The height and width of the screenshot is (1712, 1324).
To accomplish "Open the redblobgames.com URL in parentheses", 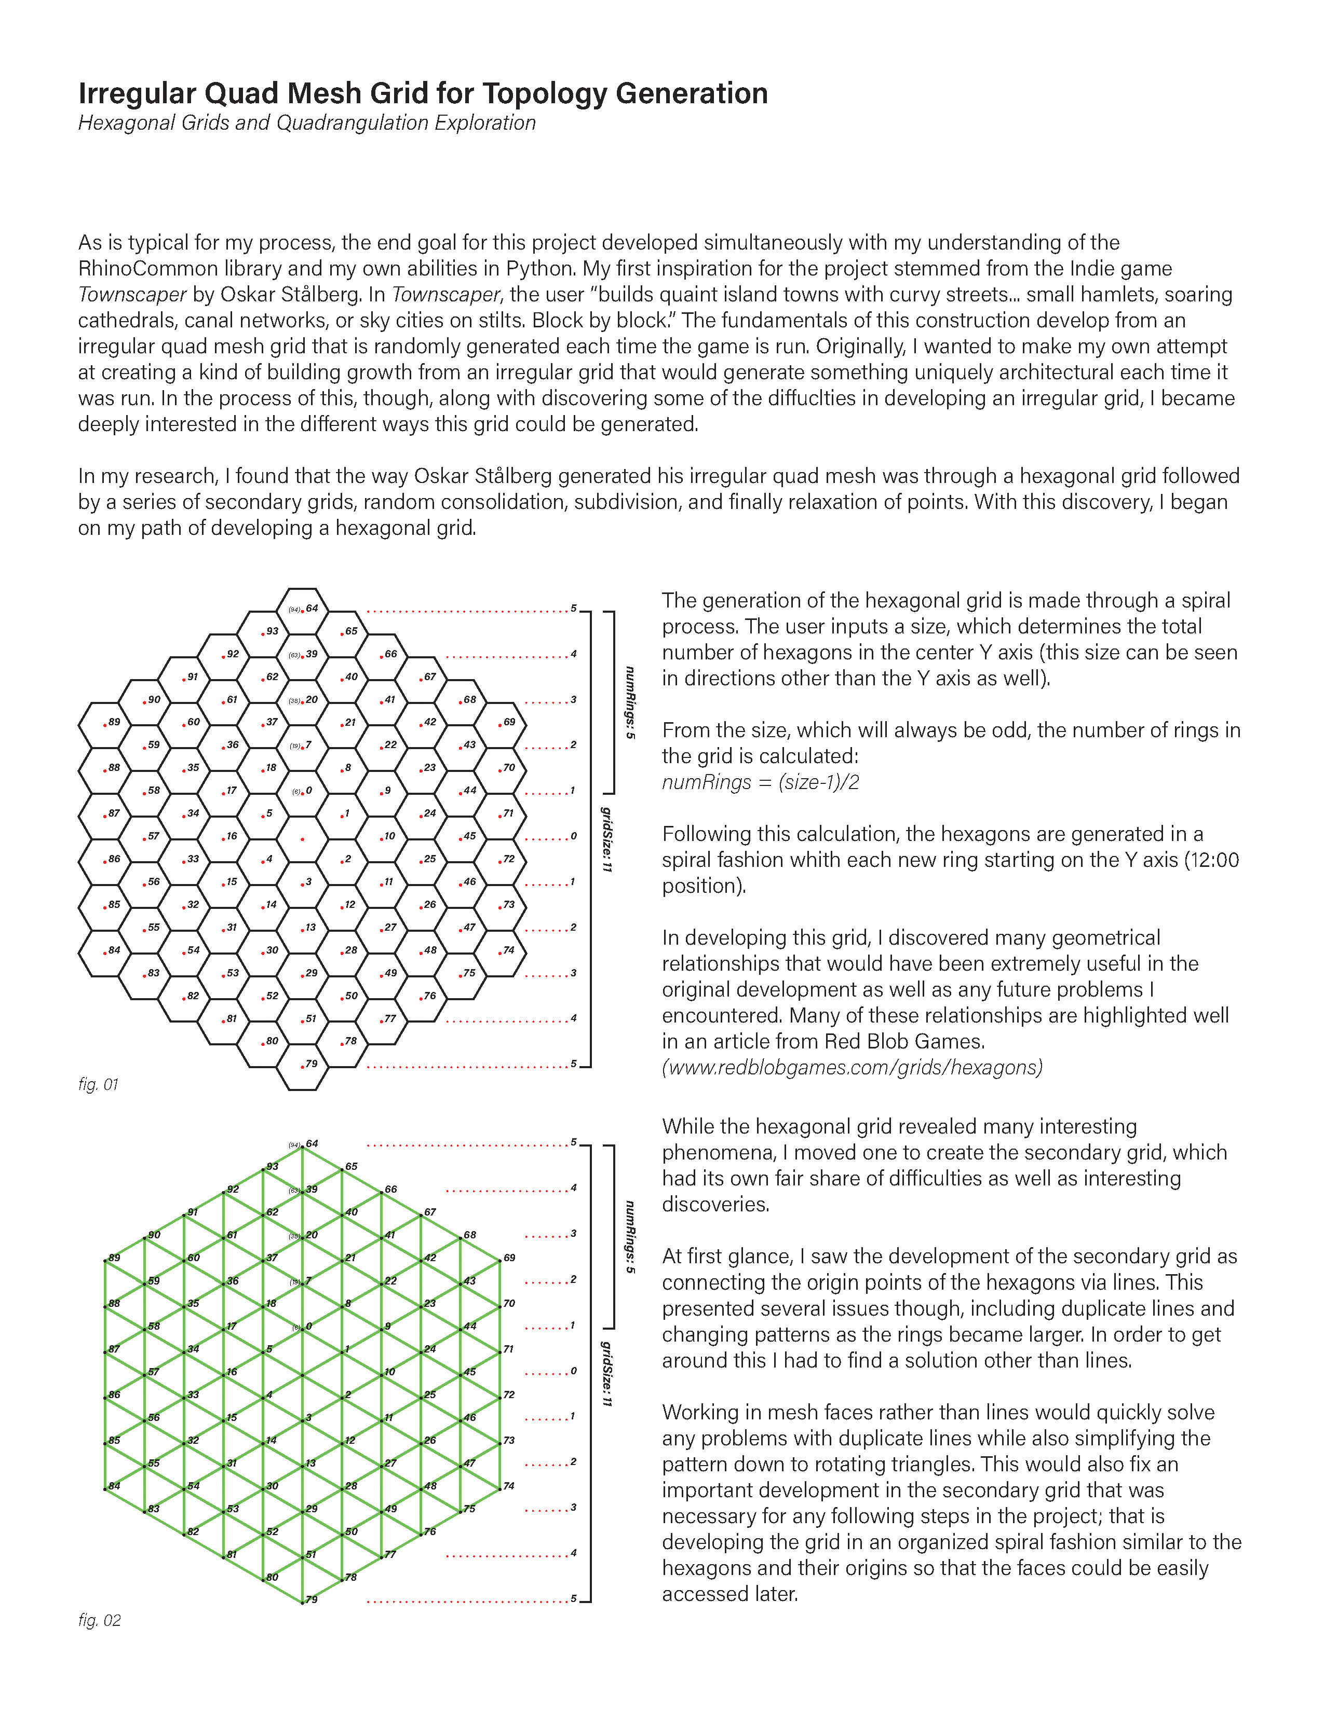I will pos(852,1068).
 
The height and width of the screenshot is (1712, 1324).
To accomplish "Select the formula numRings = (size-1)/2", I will pos(760,782).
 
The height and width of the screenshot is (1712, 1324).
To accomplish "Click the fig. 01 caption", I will pos(98,1085).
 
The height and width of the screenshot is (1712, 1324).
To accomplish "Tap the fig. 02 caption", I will pos(100,1620).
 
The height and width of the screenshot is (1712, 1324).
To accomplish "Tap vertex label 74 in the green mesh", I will pos(509,1485).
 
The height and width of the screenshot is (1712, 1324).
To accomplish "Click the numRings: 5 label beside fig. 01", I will pos(629,702).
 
